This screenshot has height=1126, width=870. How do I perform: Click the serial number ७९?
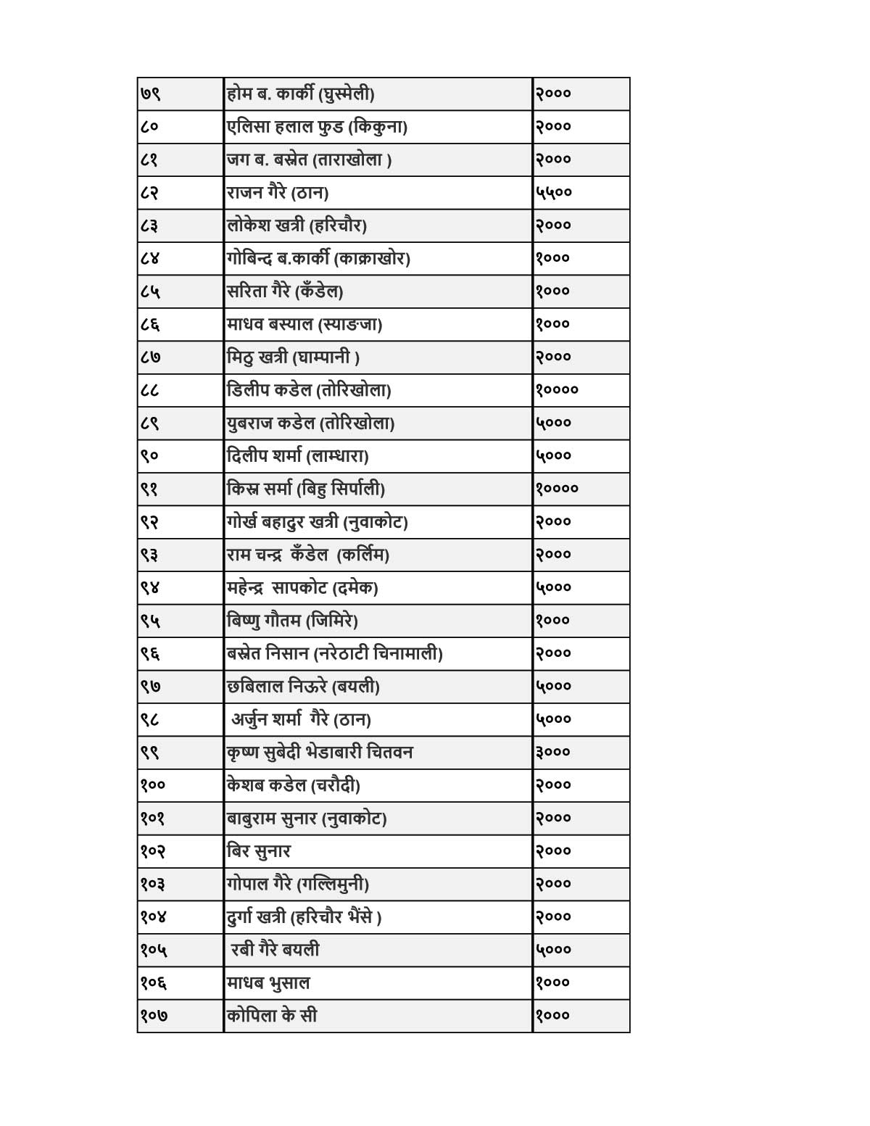click(151, 94)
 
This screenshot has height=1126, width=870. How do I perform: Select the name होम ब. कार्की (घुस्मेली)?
click(300, 94)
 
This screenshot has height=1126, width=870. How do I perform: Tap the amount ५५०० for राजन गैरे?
click(554, 192)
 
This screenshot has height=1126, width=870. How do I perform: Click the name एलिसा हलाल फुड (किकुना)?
click(317, 127)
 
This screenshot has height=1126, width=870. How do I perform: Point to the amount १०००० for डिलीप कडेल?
click(557, 390)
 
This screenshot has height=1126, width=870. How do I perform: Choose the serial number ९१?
click(149, 489)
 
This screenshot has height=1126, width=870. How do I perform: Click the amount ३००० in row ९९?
click(553, 752)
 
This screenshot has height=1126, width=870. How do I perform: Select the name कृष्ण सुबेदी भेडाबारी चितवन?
click(320, 752)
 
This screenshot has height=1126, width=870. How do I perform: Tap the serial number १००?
click(153, 785)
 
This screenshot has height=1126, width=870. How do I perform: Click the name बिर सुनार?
click(259, 850)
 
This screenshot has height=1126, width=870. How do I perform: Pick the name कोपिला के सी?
click(272, 1015)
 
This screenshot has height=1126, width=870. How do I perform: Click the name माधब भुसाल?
click(268, 982)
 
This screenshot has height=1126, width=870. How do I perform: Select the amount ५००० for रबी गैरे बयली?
click(554, 950)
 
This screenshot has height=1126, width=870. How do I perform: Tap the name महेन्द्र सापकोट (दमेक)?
click(302, 587)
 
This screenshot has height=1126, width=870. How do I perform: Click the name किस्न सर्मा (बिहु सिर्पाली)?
click(306, 489)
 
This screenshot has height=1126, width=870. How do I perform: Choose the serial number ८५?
click(151, 291)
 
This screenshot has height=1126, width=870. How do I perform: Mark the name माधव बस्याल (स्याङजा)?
click(304, 324)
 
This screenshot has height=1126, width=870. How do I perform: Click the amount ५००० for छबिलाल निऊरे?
click(554, 686)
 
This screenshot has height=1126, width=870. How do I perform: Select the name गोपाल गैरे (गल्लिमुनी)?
click(298, 884)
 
